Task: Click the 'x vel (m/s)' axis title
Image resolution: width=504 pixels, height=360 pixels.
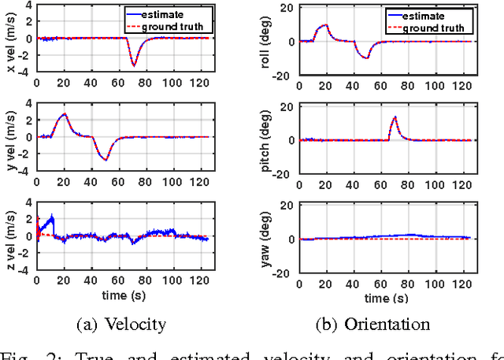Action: click(9, 38)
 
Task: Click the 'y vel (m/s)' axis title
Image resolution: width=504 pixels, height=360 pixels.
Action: click(9, 137)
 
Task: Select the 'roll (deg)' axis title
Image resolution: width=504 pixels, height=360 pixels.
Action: click(269, 42)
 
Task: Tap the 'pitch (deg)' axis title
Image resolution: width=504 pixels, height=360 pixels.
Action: click(269, 140)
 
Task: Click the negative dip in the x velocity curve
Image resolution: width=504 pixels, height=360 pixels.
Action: click(134, 65)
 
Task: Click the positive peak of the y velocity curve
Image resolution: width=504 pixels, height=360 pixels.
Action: click(65, 115)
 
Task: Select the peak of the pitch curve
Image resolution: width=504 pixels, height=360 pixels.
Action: click(395, 118)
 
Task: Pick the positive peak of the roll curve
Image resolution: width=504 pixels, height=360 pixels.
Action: click(326, 25)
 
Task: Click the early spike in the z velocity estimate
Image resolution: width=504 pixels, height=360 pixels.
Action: click(51, 217)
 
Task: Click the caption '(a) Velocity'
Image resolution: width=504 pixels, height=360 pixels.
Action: click(122, 324)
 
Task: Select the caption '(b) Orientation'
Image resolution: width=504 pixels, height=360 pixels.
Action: click(384, 324)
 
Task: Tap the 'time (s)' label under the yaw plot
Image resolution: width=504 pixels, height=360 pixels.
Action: click(385, 299)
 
